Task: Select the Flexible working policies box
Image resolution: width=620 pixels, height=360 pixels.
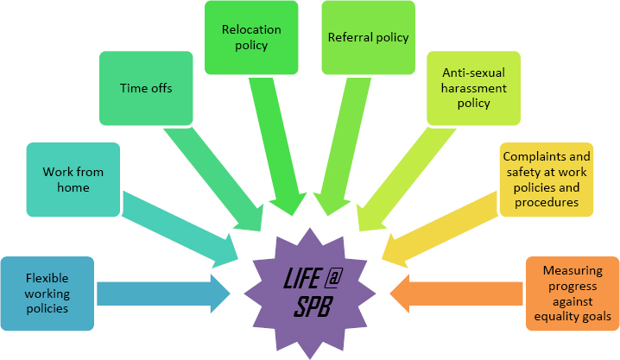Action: tap(47, 294)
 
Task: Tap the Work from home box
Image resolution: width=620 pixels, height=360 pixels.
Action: tap(73, 179)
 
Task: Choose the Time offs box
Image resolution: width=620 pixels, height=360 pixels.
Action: tap(145, 87)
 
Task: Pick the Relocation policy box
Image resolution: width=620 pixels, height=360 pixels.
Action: tap(251, 37)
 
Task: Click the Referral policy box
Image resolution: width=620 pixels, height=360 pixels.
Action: tap(368, 37)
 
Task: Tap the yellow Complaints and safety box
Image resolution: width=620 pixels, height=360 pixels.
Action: tap(546, 179)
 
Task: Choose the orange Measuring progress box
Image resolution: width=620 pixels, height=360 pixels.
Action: tap(572, 294)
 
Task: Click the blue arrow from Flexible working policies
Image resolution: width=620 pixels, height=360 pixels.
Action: tap(160, 293)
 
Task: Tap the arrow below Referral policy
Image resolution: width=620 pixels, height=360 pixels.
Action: tap(344, 147)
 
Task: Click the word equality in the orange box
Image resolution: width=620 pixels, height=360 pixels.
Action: tap(552, 317)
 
